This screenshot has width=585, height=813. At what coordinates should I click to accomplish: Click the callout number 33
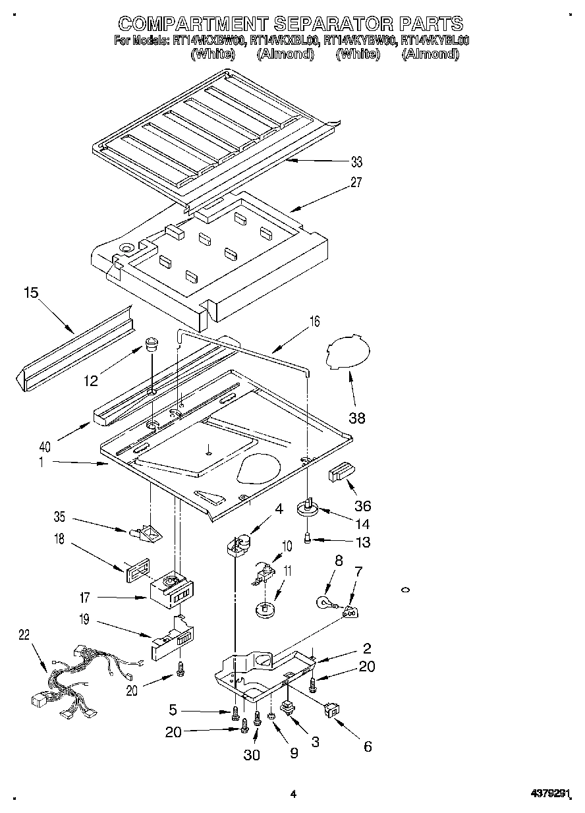(x=356, y=162)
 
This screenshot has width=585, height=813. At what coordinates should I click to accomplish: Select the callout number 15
(x=31, y=292)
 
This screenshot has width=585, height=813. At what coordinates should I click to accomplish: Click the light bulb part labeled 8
(x=324, y=601)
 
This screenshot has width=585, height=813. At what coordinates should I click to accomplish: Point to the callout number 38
(x=356, y=417)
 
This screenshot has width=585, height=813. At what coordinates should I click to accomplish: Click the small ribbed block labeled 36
(x=341, y=472)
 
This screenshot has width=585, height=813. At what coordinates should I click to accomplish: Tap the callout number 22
(x=24, y=634)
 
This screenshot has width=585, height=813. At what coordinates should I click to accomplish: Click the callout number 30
(x=252, y=755)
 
